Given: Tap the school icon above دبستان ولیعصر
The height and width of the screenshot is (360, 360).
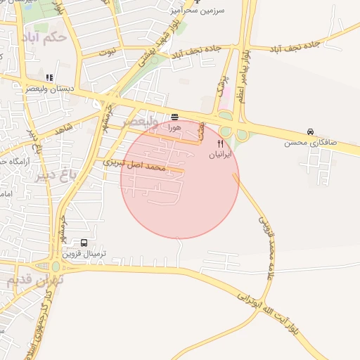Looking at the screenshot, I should pyautogui.click(x=49, y=78).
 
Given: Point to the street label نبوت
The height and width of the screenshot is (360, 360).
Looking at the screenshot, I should pyautogui.click(x=106, y=53).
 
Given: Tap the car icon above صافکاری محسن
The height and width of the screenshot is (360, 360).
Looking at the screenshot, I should pyautogui.click(x=311, y=131).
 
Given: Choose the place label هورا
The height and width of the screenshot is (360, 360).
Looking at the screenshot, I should pyautogui.click(x=174, y=128).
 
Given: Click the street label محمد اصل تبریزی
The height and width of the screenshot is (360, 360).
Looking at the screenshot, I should pyautogui.click(x=134, y=165).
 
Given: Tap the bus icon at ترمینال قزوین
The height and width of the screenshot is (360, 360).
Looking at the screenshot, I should pyautogui.click(x=84, y=243).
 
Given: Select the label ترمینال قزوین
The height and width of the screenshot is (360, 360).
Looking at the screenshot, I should pyautogui.click(x=92, y=254).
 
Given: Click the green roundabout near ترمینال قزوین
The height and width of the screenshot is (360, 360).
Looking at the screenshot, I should pyautogui.click(x=56, y=266).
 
